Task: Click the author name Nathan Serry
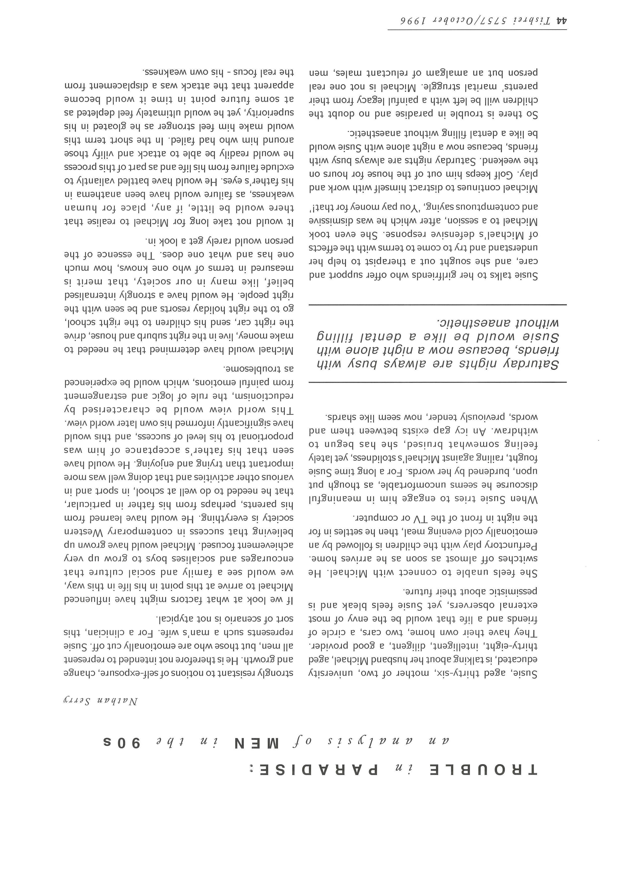coord(100,701)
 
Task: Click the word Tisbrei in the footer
coord(532,22)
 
